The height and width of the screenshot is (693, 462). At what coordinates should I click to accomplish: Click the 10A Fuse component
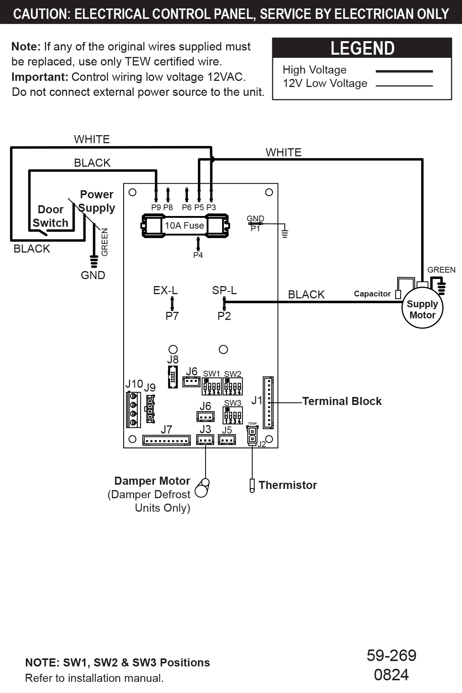coord(185,226)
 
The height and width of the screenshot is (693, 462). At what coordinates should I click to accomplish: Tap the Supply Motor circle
coord(422,309)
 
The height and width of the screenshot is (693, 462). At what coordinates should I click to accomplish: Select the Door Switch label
coord(50,216)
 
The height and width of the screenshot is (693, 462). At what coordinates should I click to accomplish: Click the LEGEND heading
coord(362,48)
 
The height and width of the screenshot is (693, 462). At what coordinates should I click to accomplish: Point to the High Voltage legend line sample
coord(404,71)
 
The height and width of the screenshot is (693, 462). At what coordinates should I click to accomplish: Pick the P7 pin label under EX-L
coord(172,316)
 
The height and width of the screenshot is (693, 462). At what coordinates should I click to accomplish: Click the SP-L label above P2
coord(224,290)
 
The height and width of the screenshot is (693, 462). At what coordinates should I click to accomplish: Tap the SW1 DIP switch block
coord(211,386)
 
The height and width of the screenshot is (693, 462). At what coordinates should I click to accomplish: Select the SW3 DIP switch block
coord(233,416)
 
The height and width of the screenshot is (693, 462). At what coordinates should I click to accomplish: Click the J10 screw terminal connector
coord(133,409)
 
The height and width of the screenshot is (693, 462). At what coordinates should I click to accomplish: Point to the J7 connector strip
coord(166,440)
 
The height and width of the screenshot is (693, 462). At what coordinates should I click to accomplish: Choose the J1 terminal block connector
coord(268,403)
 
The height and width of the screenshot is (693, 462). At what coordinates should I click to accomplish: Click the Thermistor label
coord(288,485)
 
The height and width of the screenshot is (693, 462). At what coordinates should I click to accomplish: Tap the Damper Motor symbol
coord(202,488)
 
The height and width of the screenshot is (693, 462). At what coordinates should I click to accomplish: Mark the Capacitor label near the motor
coord(372,294)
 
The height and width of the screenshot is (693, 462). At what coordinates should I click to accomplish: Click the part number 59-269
coord(391,655)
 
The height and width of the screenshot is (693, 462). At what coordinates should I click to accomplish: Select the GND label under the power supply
coord(93,275)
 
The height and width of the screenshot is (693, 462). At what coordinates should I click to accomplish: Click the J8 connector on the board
coord(173,377)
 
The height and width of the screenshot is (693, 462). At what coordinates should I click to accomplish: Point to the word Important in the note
coord(40,77)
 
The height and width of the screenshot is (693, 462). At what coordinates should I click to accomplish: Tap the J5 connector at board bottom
coord(227,439)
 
